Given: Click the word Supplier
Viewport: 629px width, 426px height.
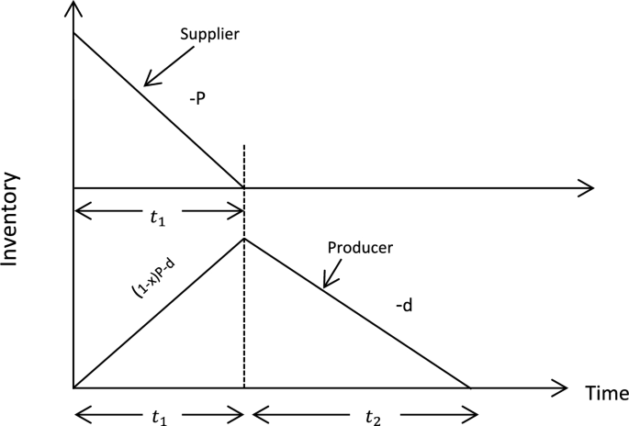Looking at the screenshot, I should click(x=209, y=34).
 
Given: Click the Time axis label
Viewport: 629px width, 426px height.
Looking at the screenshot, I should click(x=606, y=393).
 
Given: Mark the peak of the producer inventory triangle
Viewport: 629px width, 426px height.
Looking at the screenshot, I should click(x=243, y=239).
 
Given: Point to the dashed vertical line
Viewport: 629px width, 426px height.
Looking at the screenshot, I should click(x=243, y=303).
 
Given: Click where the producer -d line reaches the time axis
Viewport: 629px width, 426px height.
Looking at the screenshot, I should click(x=471, y=387).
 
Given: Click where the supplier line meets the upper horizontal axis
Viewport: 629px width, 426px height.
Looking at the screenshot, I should click(x=243, y=188).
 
